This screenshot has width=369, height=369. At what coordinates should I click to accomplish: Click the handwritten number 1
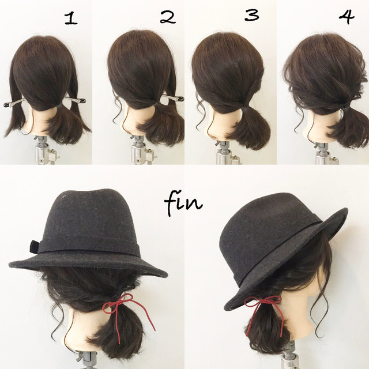coord(71,19)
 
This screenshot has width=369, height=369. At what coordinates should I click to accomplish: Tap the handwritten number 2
coord(168,18)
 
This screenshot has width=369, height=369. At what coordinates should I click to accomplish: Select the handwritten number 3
coord(252,16)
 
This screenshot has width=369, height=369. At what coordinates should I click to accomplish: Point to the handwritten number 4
coord(347,17)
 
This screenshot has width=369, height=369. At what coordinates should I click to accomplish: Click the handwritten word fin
coord(183,204)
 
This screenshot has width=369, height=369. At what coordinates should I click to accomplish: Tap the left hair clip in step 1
coord(14,103)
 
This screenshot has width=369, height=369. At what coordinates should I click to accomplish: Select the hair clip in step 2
coord(172,97)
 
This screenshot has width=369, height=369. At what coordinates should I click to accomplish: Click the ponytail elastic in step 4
coord(344,109)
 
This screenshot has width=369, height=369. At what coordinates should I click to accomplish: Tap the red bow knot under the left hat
coord(121,305)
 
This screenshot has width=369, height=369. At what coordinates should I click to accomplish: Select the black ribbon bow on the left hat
coord(35,247)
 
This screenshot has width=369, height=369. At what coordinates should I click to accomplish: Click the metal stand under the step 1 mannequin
coord(46,150)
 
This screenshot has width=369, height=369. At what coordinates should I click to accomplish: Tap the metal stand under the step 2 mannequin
coord(142,150)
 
